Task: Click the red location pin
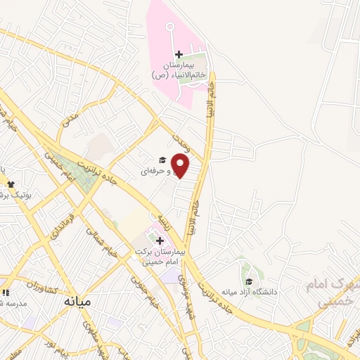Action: [x=181, y=167]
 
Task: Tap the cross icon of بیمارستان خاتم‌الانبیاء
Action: [x=179, y=54]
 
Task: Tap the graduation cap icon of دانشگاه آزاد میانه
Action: [x=249, y=282]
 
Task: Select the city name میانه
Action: [x=77, y=301]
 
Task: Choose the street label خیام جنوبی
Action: [x=145, y=291]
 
